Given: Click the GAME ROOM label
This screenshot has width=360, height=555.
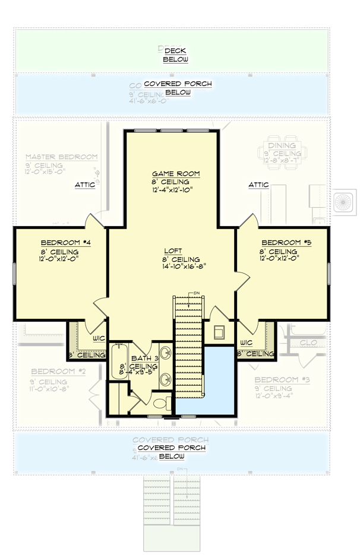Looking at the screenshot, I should [175, 173].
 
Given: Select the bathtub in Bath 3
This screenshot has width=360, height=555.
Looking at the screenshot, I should [115, 362].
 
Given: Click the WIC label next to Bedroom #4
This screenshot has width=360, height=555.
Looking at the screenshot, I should [99, 338].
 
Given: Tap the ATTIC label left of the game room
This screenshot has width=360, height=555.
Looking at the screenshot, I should [85, 185].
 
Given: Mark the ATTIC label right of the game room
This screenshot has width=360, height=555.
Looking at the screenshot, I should [258, 185].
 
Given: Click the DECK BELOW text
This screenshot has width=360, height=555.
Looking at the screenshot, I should [176, 55].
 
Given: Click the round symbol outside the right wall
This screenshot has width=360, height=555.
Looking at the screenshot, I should [344, 201].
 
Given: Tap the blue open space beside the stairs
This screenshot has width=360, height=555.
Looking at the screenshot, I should [218, 377].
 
